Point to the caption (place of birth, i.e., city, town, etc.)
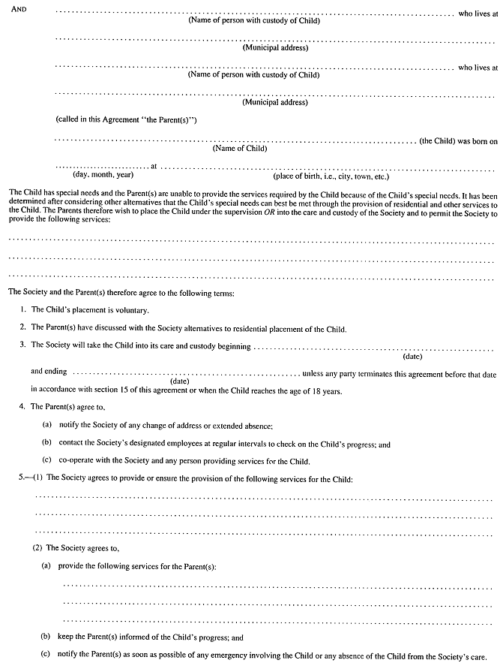pyautogui.click(x=331, y=176)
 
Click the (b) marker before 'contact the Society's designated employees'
pyautogui.click(x=46, y=444)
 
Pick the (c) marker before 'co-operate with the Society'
pyautogui.click(x=46, y=460)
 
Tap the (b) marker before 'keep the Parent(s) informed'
pyautogui.click(x=46, y=637)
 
